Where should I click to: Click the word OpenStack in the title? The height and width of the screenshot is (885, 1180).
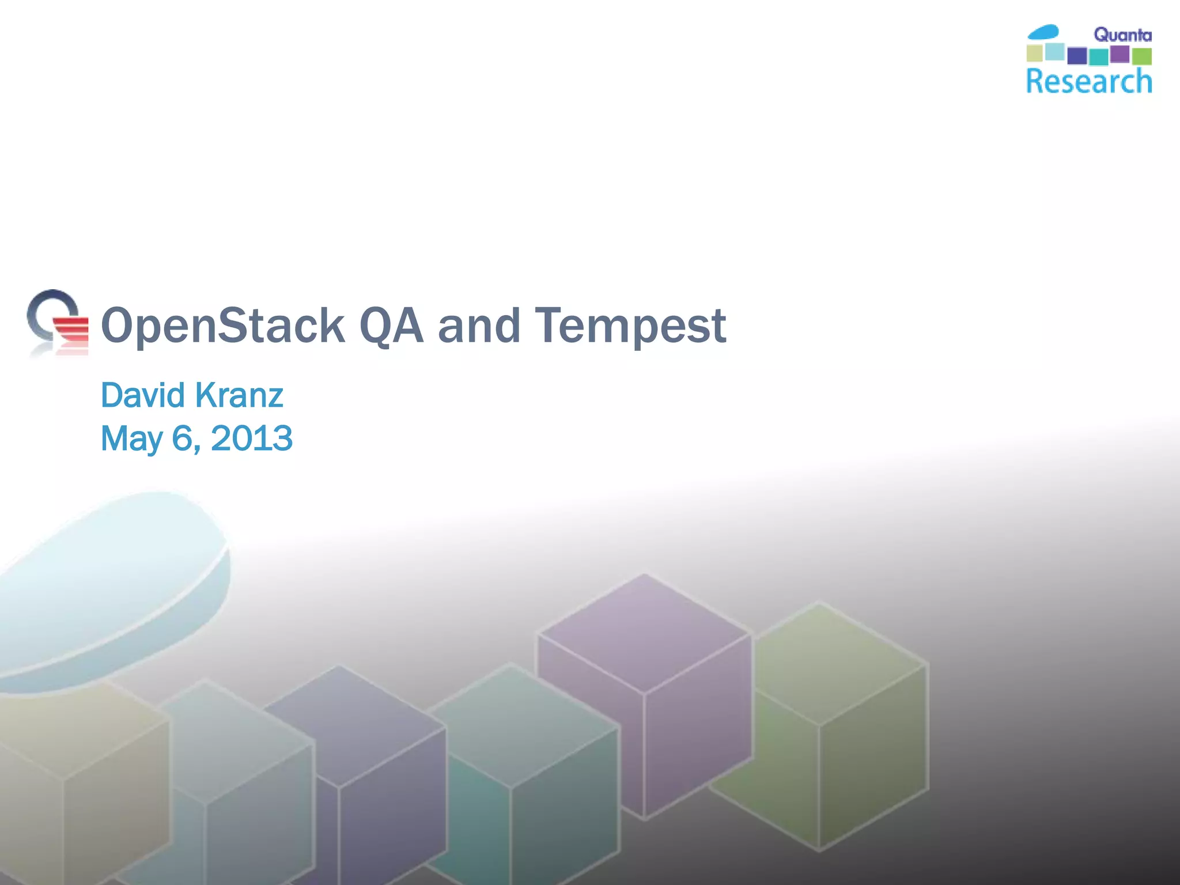(222, 326)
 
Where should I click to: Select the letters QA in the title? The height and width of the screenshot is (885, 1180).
(391, 326)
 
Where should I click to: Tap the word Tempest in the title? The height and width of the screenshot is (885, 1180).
(630, 326)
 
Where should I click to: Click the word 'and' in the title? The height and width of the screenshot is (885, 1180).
(479, 326)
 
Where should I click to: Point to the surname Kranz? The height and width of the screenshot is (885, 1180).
(239, 395)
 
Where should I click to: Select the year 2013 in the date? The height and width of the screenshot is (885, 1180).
(252, 438)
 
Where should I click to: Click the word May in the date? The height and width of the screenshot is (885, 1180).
(131, 438)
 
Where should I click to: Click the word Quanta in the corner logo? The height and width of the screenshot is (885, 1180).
(1122, 35)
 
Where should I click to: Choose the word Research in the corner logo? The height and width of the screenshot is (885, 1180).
(1089, 81)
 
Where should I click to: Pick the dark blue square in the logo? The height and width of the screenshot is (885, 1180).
(1077, 56)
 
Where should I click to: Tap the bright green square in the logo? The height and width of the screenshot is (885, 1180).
(1141, 56)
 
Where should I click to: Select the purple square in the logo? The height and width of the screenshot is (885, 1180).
(1120, 54)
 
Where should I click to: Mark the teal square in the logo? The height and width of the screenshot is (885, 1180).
(1099, 57)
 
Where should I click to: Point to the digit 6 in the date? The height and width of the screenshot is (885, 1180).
(182, 438)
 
